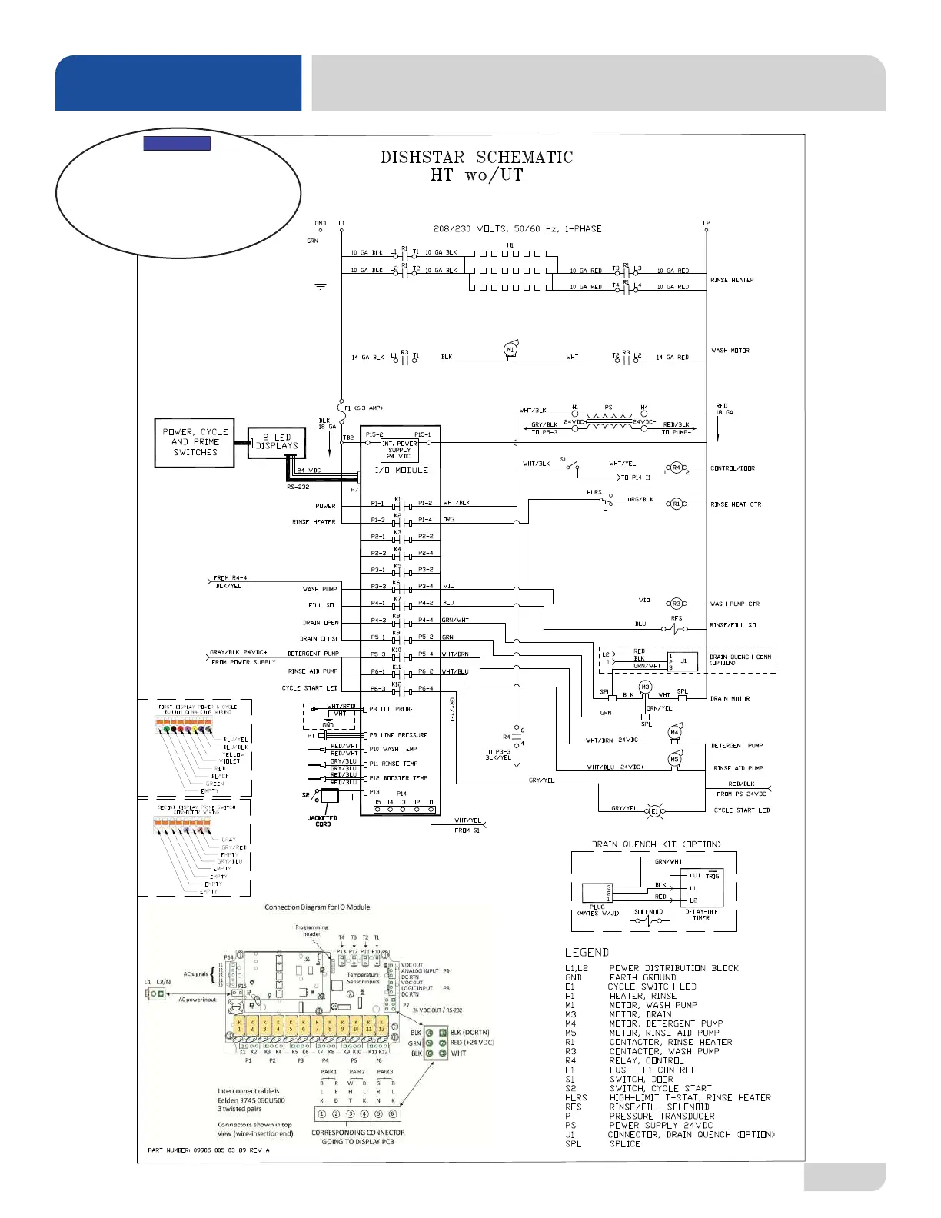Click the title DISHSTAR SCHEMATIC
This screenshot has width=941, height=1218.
(477, 158)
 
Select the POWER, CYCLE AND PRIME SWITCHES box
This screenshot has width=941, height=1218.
(195, 442)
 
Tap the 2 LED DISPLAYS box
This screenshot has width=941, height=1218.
(277, 442)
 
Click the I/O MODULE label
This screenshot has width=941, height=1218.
(401, 470)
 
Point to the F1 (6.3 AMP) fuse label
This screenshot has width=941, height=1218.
(364, 408)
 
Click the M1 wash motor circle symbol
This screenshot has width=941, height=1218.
(510, 350)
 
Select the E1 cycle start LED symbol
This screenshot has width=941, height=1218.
(655, 810)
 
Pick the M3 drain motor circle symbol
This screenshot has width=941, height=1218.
(646, 687)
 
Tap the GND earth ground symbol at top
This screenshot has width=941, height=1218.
(321, 286)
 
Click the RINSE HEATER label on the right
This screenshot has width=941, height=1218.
(732, 280)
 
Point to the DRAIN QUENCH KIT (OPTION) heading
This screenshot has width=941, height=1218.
(657, 844)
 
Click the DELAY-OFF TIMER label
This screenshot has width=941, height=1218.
(701, 915)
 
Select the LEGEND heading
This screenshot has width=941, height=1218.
(587, 953)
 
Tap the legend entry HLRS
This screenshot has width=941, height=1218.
(576, 1097)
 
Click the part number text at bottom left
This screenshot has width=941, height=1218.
(208, 1150)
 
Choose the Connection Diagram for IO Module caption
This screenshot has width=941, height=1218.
(317, 907)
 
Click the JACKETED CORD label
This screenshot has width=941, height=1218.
(323, 821)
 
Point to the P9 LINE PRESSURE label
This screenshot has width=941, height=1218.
(398, 735)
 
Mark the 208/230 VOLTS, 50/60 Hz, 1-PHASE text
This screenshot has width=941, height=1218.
(517, 229)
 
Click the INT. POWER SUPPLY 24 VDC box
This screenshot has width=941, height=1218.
(400, 450)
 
